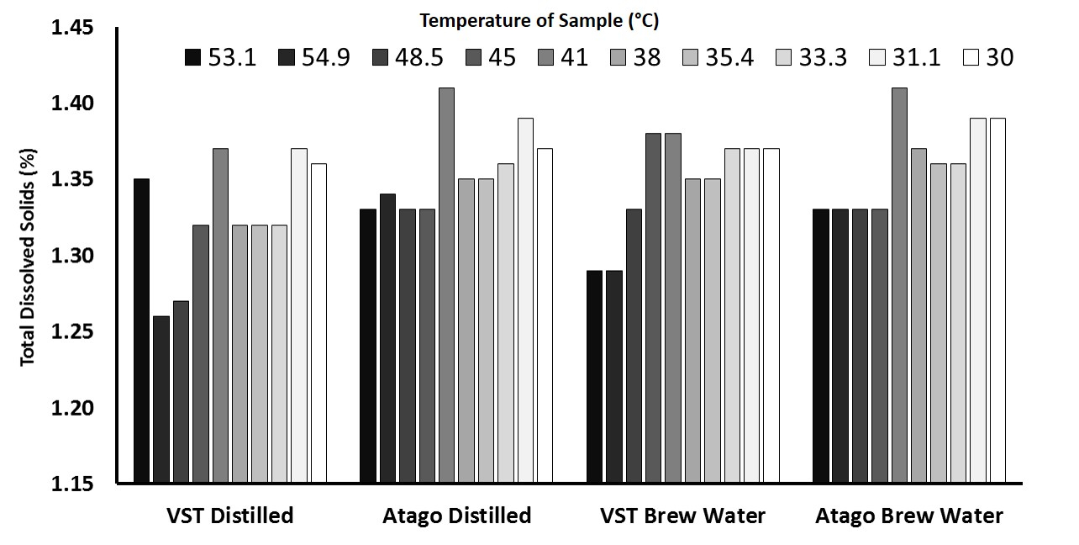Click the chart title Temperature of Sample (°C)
(x=545, y=19)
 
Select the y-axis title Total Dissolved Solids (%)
(x=27, y=257)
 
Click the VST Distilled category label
(x=230, y=516)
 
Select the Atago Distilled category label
(x=457, y=516)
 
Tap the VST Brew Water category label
(x=682, y=516)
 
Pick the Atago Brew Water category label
(x=908, y=516)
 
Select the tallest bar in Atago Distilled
(x=447, y=285)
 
